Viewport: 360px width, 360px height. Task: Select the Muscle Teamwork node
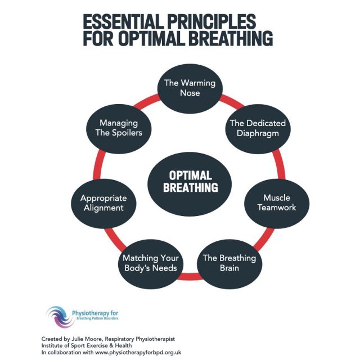(x=276, y=202)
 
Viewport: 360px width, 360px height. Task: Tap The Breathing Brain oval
(x=229, y=263)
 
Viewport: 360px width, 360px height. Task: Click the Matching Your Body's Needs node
(x=150, y=263)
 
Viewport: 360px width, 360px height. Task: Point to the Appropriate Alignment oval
(x=103, y=203)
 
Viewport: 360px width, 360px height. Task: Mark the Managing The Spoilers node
(x=119, y=129)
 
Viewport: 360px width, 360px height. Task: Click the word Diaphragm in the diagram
(x=256, y=133)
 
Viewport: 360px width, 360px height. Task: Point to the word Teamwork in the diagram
(x=276, y=208)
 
